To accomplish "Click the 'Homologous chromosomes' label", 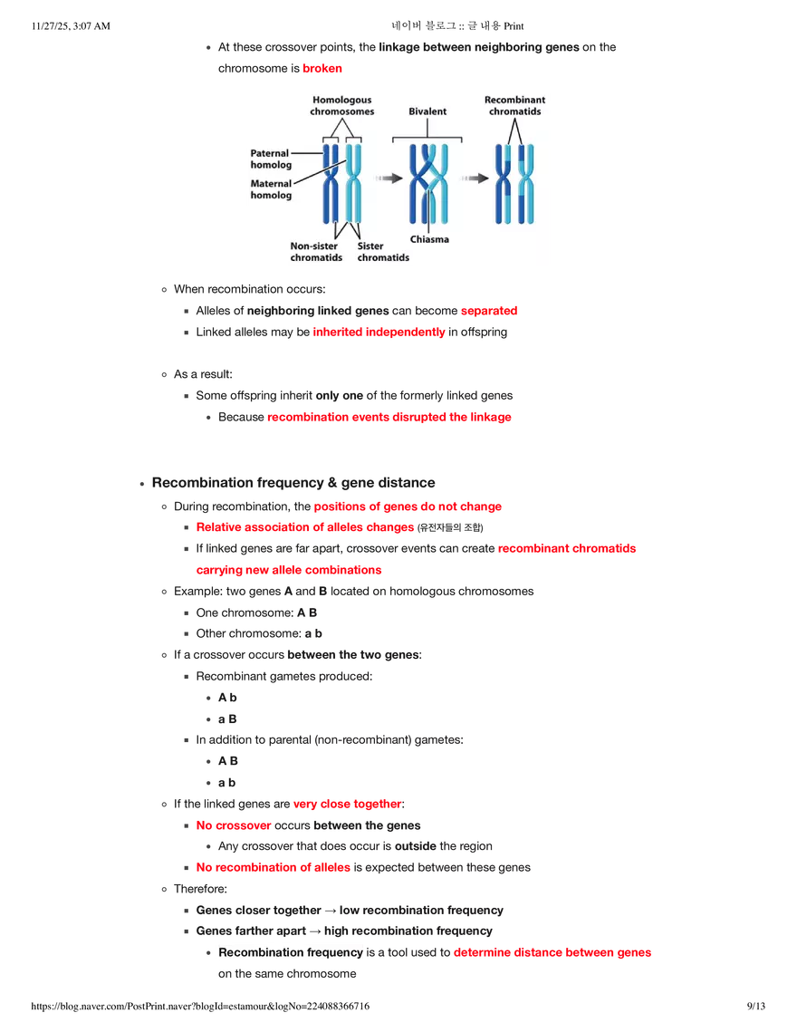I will [x=341, y=105].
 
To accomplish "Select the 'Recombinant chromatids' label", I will [x=514, y=105].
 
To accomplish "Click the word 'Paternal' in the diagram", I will [x=270, y=154].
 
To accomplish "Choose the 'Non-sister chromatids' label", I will [x=316, y=252].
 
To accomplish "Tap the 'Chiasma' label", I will [x=428, y=240].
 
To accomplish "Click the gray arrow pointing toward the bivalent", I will [x=389, y=179].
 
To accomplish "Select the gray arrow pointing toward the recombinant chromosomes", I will [x=475, y=179].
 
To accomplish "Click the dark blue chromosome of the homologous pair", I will [x=331, y=181].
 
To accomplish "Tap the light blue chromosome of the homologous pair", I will [x=354, y=181].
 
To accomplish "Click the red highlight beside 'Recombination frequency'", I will [x=552, y=953].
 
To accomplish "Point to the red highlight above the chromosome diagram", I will [x=323, y=69].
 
